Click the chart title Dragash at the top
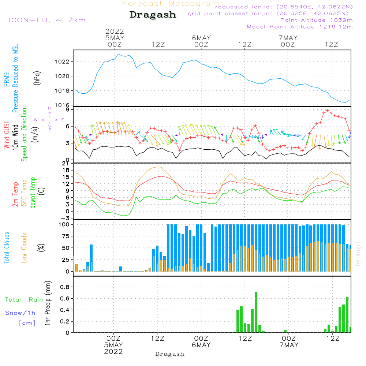pyautogui.click(x=153, y=15)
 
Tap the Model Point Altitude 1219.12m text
pyautogui.click(x=300, y=27)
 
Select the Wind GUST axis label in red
pyautogui.click(x=7, y=135)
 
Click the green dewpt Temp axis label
pyautogui.click(x=33, y=193)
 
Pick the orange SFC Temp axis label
pyautogui.click(x=24, y=193)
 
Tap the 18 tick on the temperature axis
pyautogui.click(x=66, y=170)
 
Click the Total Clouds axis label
pyautogui.click(x=7, y=248)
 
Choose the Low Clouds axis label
pyautogui.click(x=24, y=248)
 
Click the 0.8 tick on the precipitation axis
pyautogui.click(x=65, y=287)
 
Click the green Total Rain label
pyautogui.click(x=24, y=300)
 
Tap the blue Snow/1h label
pyautogui.click(x=20, y=313)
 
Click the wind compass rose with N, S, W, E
pyautogui.click(x=50, y=120)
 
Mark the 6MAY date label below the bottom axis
pyautogui.click(x=201, y=345)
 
